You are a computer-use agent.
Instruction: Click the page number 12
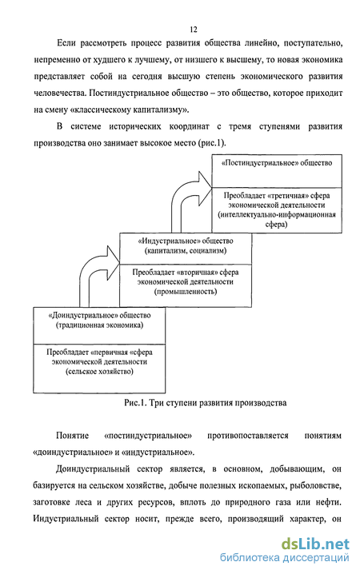coord(194,30)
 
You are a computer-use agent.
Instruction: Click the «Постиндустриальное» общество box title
coord(277,163)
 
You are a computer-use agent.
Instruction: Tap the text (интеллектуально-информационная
coord(277,214)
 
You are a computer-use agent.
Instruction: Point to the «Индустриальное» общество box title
coord(186,241)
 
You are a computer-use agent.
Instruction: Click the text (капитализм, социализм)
coord(186,251)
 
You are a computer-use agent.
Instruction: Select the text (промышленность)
coord(186,292)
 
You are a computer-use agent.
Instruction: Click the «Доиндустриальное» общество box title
coord(99,315)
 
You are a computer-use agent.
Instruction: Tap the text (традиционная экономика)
coord(99,325)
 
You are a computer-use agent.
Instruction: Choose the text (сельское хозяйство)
coord(99,372)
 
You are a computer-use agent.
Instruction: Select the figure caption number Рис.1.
coord(135,403)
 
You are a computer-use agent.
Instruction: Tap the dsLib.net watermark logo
coord(315,544)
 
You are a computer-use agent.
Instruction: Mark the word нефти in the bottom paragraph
coord(328,502)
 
